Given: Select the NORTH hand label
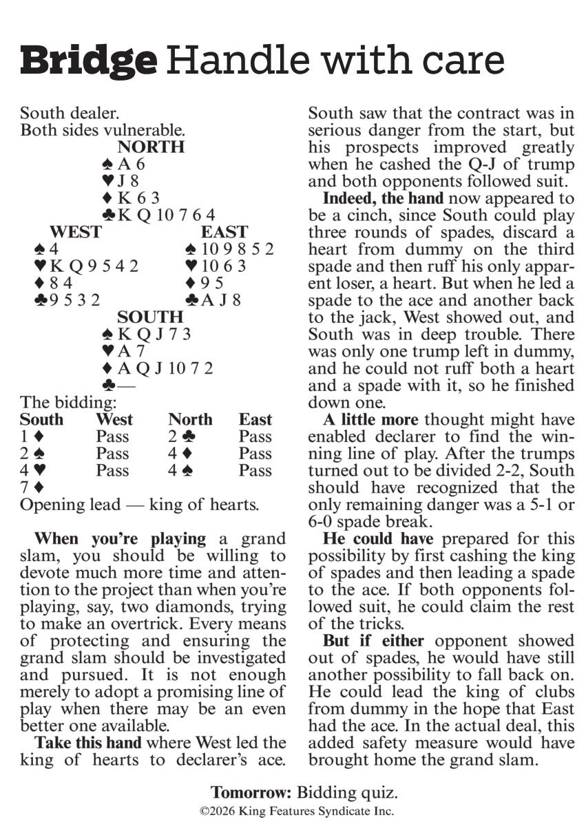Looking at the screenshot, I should coord(151,147).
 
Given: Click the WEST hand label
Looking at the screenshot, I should coord(75,232).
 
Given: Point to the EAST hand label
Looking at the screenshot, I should coord(224,232).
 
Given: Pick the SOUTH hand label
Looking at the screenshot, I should coord(150,317).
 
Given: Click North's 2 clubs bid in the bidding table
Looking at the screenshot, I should coord(181,436).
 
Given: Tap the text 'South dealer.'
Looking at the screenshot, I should coord(65,113).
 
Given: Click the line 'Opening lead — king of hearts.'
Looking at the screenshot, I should coord(139,505).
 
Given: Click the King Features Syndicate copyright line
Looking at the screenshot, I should coord(297,812).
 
